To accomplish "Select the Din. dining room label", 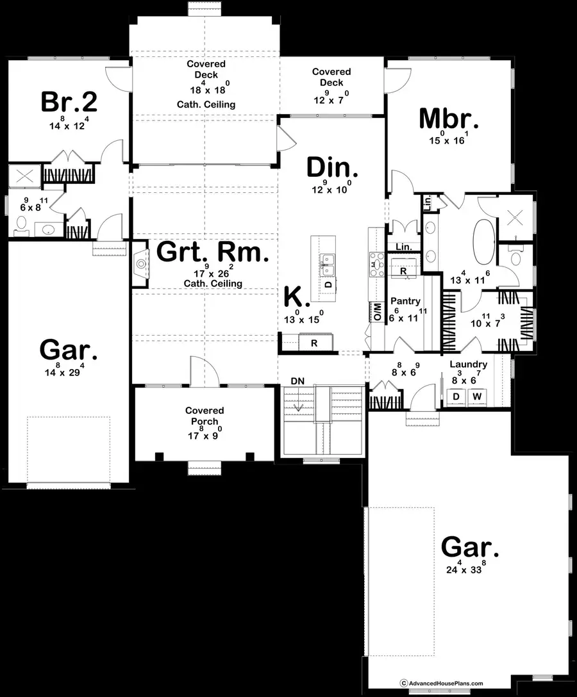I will (x=331, y=168).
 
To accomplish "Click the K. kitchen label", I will (x=296, y=297).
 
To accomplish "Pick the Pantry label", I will (x=405, y=301).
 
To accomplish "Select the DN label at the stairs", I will (x=297, y=381).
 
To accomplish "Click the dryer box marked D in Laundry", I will (x=456, y=397).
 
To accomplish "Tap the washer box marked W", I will (x=476, y=397).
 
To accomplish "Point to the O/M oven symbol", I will (x=377, y=312).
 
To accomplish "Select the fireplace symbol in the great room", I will (x=140, y=262).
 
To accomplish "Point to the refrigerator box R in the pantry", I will (x=403, y=270).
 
